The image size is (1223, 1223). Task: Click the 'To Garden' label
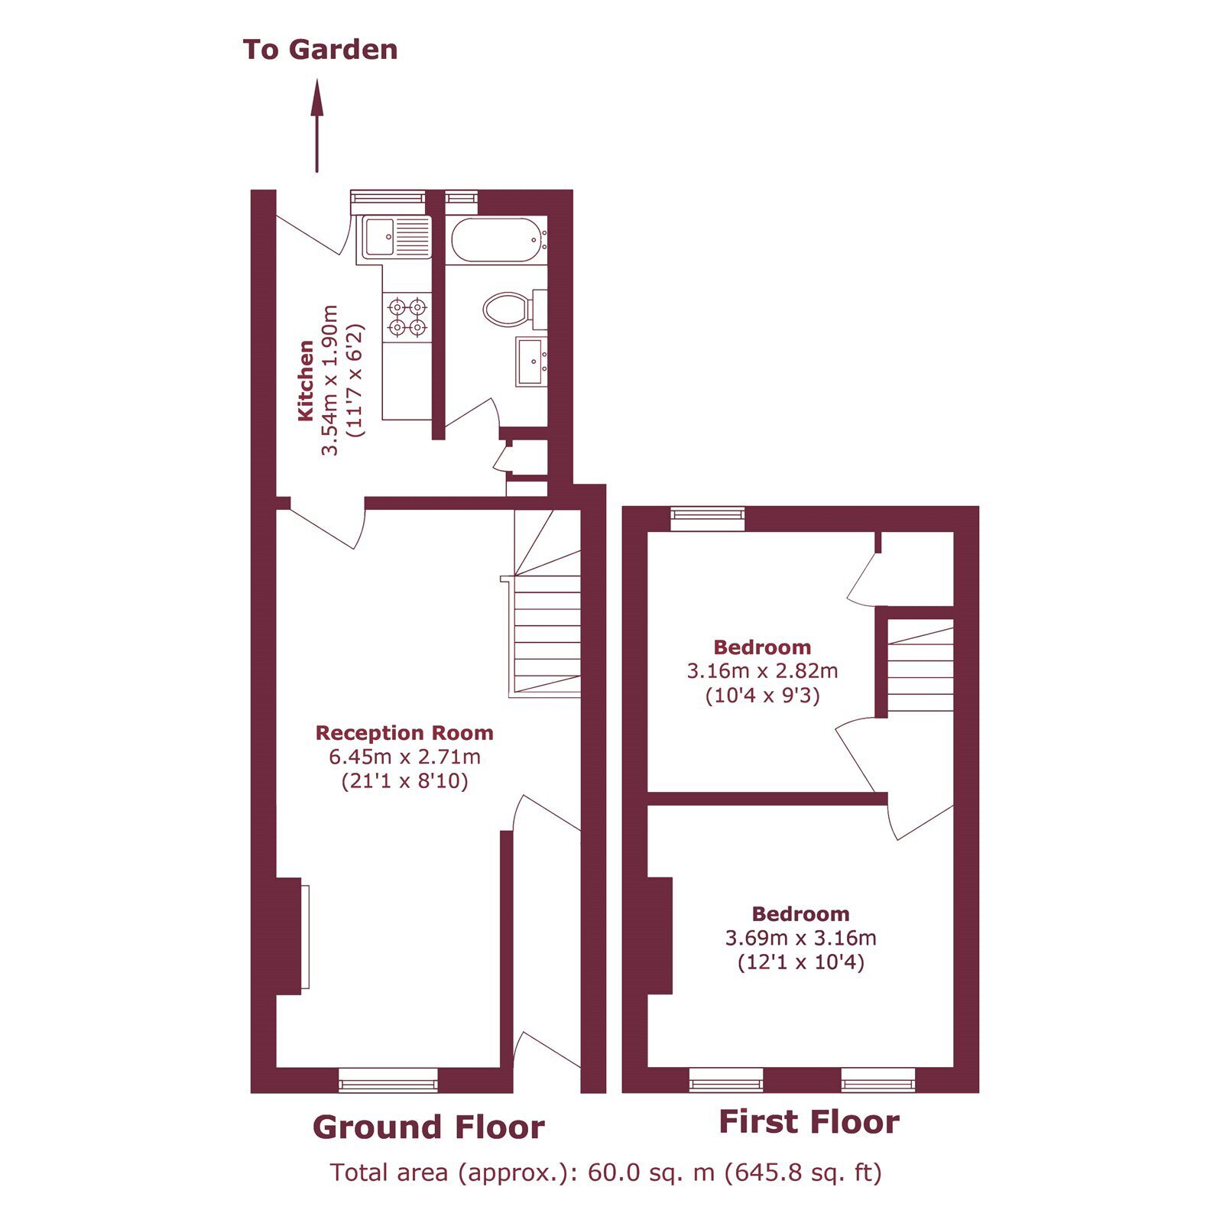click(x=320, y=50)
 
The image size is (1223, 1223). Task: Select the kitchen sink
click(x=393, y=238)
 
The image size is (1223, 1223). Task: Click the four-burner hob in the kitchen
click(x=407, y=317)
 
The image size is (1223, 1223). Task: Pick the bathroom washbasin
click(x=532, y=362)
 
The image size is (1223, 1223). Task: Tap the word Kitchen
click(x=306, y=380)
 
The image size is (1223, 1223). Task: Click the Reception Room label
click(x=404, y=733)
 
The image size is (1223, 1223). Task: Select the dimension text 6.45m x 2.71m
click(x=404, y=757)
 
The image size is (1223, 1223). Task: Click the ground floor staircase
click(x=545, y=604)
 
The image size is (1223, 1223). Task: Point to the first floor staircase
click(x=920, y=666)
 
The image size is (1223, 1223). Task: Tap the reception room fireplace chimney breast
click(x=289, y=936)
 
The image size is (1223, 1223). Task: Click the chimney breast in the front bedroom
click(x=660, y=936)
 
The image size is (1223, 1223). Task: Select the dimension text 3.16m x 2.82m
click(x=762, y=672)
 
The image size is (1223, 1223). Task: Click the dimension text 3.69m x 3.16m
click(x=800, y=938)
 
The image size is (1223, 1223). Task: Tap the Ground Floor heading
click(x=428, y=1127)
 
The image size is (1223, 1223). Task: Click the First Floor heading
click(x=809, y=1122)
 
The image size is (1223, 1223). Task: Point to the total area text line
click(x=605, y=1172)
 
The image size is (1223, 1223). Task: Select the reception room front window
click(x=388, y=1080)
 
